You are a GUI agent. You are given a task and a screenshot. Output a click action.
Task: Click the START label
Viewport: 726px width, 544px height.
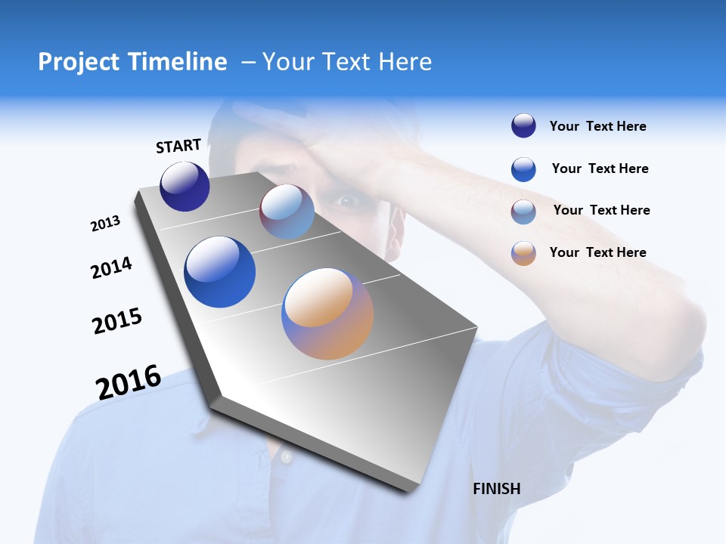coord(178,146)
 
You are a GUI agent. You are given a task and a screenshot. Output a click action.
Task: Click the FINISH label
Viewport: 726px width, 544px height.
coord(496,489)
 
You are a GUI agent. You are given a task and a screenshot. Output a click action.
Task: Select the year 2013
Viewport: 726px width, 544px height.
coord(105,224)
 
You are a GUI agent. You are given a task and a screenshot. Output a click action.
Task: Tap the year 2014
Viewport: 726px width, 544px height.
coord(111,267)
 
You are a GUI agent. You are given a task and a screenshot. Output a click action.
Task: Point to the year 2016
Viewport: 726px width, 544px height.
coord(129,382)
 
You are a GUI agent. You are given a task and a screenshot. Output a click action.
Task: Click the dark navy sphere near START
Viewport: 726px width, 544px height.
coord(185,187)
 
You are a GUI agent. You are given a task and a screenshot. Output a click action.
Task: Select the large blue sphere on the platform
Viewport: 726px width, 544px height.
coord(220,272)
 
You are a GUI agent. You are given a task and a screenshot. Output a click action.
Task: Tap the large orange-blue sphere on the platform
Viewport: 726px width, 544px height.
coord(327,314)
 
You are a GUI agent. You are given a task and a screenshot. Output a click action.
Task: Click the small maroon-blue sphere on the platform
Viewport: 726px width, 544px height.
coord(287,212)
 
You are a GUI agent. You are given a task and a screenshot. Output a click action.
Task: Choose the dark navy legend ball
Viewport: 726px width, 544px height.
coord(523,126)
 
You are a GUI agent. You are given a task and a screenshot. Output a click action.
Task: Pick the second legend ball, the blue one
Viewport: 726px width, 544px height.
coord(523,169)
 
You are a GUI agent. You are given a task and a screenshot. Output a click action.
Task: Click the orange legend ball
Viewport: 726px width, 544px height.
coord(523,253)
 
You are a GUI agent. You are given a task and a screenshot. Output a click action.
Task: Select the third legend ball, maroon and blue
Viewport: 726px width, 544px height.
coord(523,212)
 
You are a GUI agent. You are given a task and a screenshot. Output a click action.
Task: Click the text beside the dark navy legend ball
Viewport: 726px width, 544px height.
coord(597,127)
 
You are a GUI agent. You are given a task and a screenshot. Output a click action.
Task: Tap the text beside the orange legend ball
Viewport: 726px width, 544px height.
coord(597,252)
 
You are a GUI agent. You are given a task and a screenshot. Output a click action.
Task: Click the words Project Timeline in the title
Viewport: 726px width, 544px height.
coord(132,62)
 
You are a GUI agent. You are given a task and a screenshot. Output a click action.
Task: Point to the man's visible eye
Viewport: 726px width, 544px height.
coord(346,201)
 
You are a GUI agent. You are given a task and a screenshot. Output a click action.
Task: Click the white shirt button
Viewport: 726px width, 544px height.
coord(285,457)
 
